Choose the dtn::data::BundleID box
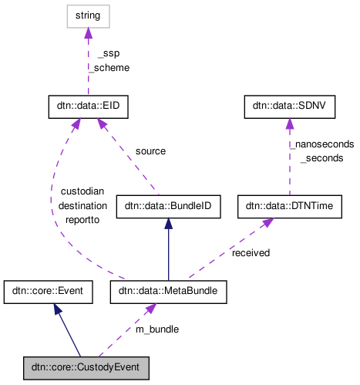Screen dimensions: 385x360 (x=168, y=206)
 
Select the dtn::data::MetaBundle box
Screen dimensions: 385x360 (x=168, y=292)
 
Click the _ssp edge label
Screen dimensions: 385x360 (x=108, y=53)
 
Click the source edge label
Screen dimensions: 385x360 (x=150, y=151)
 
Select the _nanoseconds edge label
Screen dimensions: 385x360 (x=321, y=144)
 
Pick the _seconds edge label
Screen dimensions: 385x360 (x=321, y=157)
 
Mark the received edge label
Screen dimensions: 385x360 (x=251, y=252)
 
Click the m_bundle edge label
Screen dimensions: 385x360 (x=157, y=329)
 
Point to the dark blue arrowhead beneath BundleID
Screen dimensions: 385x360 (x=168, y=223)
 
